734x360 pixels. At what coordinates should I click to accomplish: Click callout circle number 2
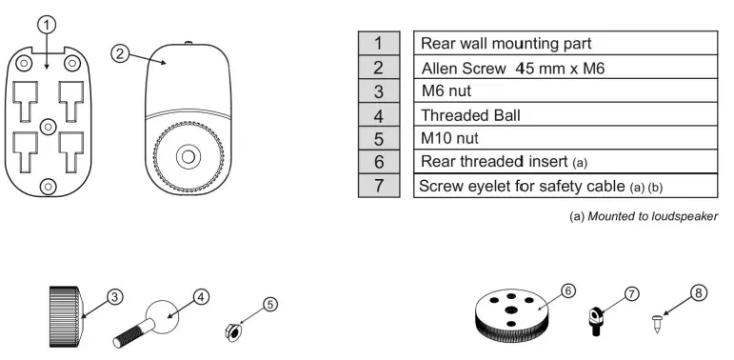[120, 53]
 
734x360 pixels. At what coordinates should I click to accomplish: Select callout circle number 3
[113, 296]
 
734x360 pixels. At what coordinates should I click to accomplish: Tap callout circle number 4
[202, 296]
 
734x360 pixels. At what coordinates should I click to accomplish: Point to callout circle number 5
[269, 305]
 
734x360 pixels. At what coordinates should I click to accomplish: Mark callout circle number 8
[700, 294]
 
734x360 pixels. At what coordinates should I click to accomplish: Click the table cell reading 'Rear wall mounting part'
[565, 43]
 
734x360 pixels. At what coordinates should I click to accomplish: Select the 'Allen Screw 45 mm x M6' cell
[565, 67]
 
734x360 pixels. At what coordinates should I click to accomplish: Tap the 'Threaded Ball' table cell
[565, 114]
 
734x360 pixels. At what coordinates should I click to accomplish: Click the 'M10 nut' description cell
[565, 138]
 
